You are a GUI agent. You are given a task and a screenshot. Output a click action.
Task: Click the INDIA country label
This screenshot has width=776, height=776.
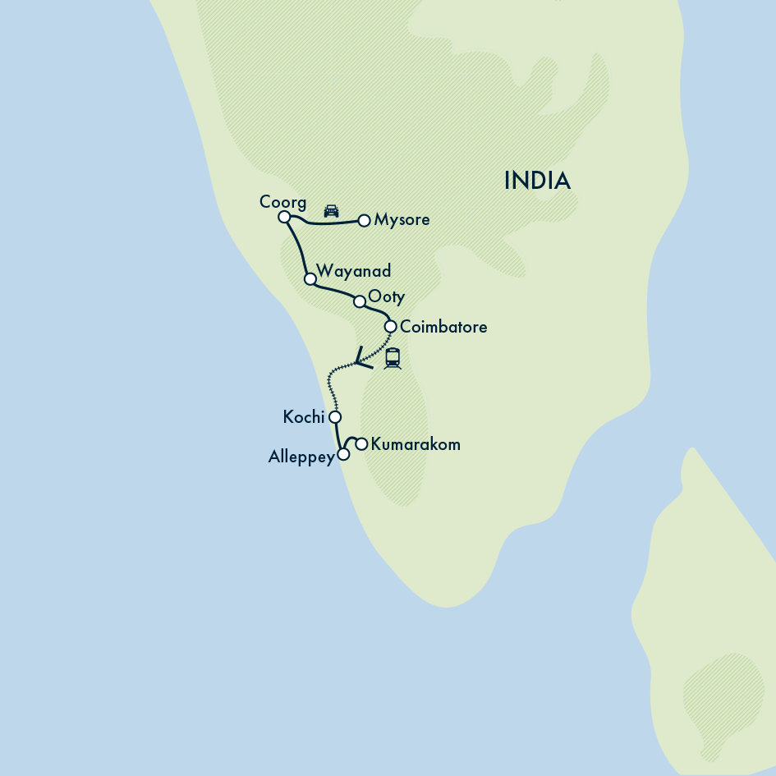pyautogui.click(x=537, y=181)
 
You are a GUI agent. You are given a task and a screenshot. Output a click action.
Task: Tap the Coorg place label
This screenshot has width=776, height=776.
pyautogui.click(x=282, y=202)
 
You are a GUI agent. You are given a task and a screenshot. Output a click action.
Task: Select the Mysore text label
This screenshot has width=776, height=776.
pyautogui.click(x=402, y=220)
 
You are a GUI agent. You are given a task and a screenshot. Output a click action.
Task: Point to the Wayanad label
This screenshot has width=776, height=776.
pyautogui.click(x=353, y=271)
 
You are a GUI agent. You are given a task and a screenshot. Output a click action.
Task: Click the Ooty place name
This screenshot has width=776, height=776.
pyautogui.click(x=387, y=296)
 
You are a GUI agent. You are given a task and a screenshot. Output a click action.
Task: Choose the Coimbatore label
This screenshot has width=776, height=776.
pyautogui.click(x=443, y=327)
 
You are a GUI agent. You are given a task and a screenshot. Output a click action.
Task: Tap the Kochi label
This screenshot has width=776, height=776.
pyautogui.click(x=304, y=417)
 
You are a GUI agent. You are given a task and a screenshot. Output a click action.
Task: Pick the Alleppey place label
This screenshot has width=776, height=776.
pyautogui.click(x=301, y=457)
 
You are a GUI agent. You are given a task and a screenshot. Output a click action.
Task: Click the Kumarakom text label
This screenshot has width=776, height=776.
pyautogui.click(x=416, y=444)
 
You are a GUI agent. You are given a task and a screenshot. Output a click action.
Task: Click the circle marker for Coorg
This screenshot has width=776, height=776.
pyautogui.click(x=284, y=217)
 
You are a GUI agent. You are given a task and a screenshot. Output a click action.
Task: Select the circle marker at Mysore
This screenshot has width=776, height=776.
pyautogui.click(x=364, y=220)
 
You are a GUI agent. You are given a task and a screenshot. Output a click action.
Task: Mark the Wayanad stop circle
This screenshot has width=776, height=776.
pyautogui.click(x=310, y=279)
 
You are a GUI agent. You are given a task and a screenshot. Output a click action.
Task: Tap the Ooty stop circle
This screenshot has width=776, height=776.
pyautogui.click(x=359, y=301)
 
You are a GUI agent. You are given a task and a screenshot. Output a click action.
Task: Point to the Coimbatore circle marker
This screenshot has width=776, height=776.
pyautogui.click(x=391, y=327)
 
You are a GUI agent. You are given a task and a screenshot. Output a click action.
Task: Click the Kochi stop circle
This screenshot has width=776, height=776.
pyautogui.click(x=334, y=417)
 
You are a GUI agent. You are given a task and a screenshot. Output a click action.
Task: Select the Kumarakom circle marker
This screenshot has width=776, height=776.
pyautogui.click(x=361, y=444)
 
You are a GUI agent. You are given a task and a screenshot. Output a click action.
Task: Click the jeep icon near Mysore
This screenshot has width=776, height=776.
pyautogui.click(x=331, y=210)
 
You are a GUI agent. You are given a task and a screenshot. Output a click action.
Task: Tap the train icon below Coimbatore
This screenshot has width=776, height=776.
pyautogui.click(x=393, y=358)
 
